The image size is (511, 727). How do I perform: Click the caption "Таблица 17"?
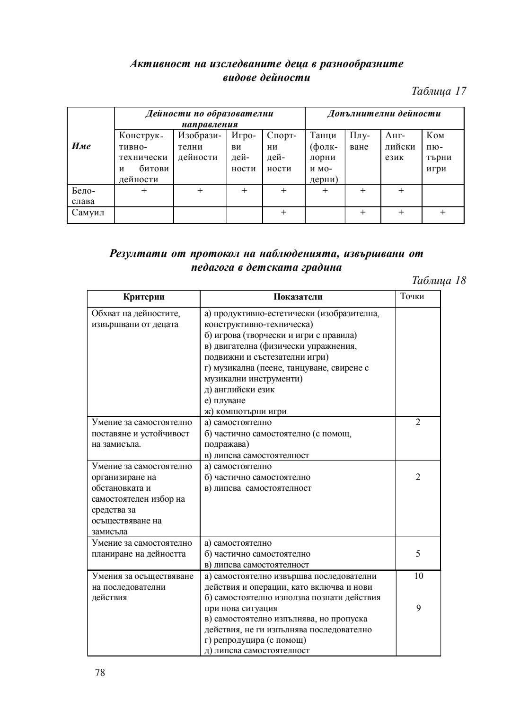[439, 91]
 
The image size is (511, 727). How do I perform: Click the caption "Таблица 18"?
[439, 281]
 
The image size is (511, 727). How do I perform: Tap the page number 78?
[100, 673]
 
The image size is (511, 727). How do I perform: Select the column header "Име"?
[81, 146]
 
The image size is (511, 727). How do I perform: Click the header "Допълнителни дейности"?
[384, 114]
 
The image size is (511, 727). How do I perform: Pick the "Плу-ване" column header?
[359, 141]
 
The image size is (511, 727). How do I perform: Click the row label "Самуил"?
[88, 213]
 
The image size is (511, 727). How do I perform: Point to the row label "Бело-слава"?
[83, 195]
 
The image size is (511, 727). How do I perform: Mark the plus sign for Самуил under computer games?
[442, 213]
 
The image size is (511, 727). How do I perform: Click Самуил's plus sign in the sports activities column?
[283, 213]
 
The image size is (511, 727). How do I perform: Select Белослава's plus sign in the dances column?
[325, 190]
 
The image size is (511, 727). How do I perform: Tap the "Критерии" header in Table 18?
[144, 297]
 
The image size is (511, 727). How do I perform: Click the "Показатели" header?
[298, 297]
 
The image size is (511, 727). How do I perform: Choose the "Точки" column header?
[412, 297]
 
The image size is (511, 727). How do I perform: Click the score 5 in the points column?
[418, 554]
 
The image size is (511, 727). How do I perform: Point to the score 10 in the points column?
[418, 576]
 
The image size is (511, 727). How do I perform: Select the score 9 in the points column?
[418, 609]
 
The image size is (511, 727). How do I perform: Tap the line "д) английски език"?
[239, 390]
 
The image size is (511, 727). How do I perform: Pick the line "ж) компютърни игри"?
[245, 412]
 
